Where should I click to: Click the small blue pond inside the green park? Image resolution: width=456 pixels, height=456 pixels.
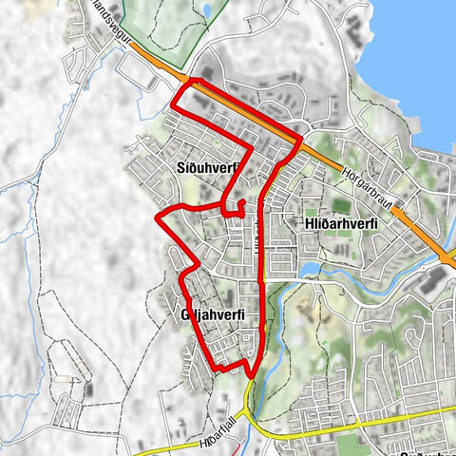coord(206,11)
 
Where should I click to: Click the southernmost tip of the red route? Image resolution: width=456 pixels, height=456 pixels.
coord(252,377)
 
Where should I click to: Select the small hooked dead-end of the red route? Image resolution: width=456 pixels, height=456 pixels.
coord(241,203)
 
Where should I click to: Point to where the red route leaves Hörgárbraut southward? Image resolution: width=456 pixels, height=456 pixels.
coord(299,140)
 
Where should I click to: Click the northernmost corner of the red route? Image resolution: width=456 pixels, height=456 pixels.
coord(188,80)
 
